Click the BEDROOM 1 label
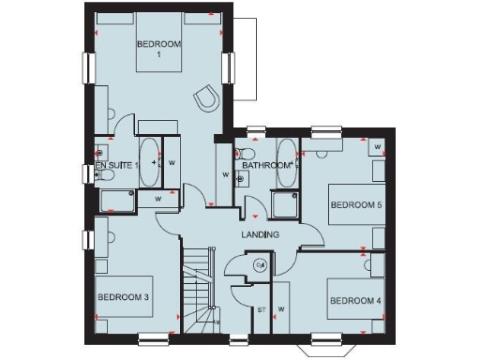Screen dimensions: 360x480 [x=159, y=50]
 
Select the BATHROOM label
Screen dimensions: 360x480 [x=266, y=166]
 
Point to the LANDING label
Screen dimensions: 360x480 [x=260, y=234]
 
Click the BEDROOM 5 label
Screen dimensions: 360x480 [x=355, y=204]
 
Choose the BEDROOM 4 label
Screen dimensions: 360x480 [x=354, y=301]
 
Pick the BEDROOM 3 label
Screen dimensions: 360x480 [x=124, y=297]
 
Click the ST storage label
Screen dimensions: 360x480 [x=262, y=309]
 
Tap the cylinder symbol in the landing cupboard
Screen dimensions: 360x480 [x=261, y=266]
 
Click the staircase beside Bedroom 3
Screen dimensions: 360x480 [x=198, y=291]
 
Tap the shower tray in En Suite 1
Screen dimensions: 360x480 [x=118, y=200]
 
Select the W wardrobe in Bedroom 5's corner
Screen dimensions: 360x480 [x=377, y=147]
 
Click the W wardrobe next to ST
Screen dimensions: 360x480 [x=280, y=309]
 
